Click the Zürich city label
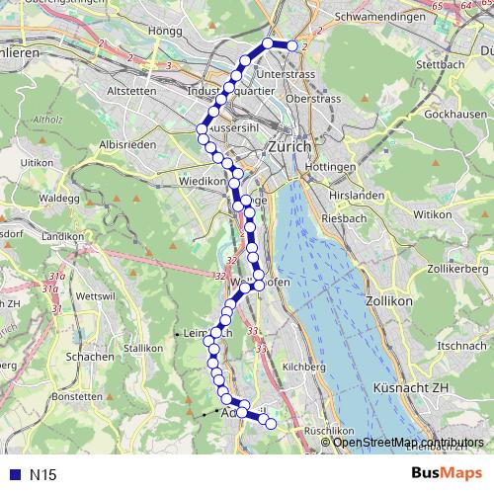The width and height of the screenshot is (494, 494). tap(288, 146)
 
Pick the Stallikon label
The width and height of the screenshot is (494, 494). tap(143, 348)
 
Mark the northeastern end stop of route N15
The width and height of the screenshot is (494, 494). tap(291, 45)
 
